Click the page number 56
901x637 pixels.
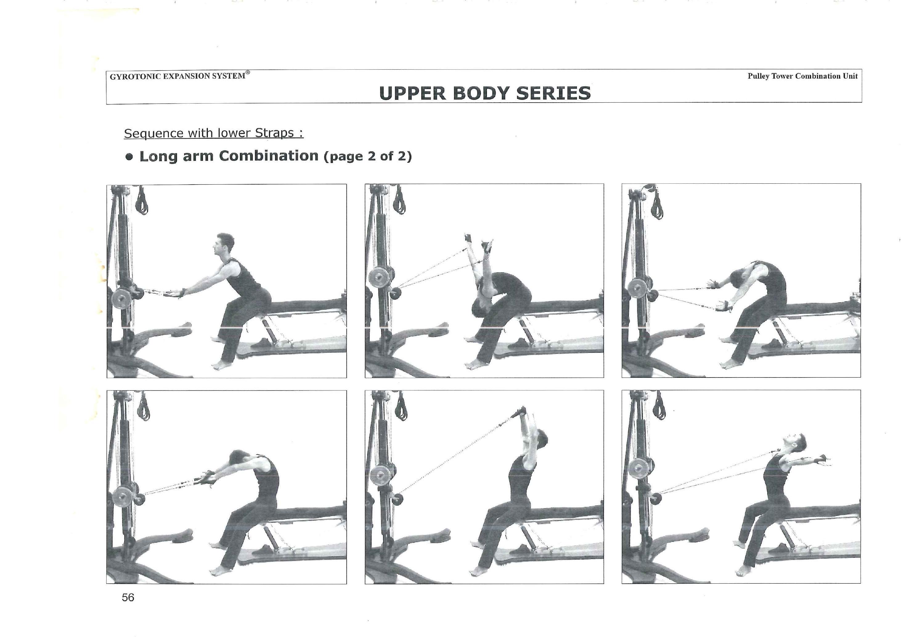point(128,597)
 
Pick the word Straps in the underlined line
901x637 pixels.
point(274,133)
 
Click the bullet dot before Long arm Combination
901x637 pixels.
point(129,157)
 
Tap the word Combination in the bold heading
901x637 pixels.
point(268,156)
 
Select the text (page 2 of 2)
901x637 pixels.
point(368,157)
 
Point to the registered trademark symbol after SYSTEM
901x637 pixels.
point(248,73)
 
